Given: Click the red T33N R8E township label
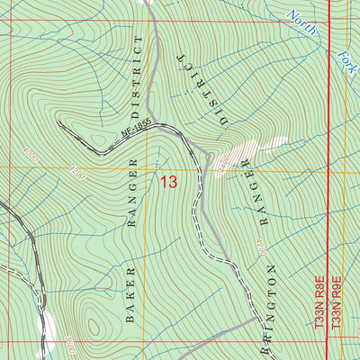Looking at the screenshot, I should tap(319, 307).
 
